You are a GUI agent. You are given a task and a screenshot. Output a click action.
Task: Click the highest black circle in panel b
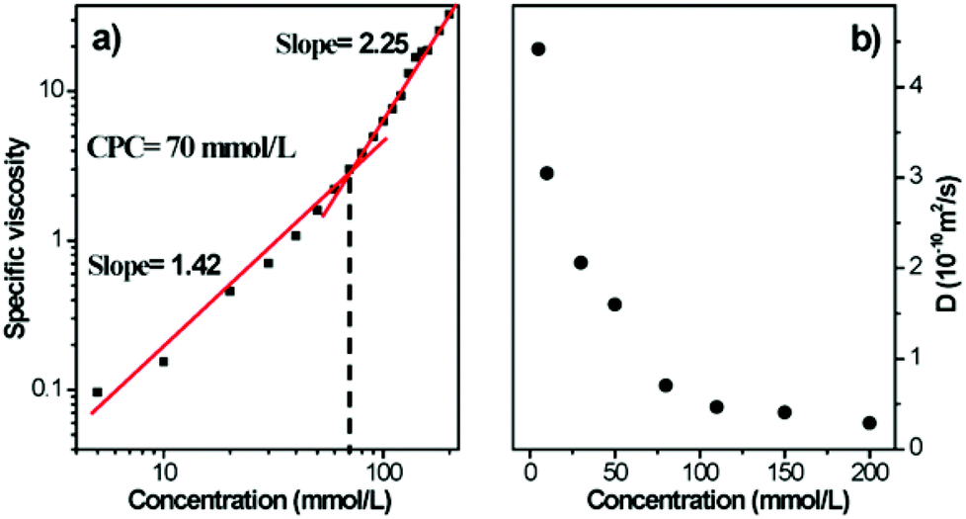538,48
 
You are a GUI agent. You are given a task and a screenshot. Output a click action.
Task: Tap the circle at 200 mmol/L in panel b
869,422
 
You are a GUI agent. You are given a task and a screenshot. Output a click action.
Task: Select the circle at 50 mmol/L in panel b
614,303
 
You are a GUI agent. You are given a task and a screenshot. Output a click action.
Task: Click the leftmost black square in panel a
97,392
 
